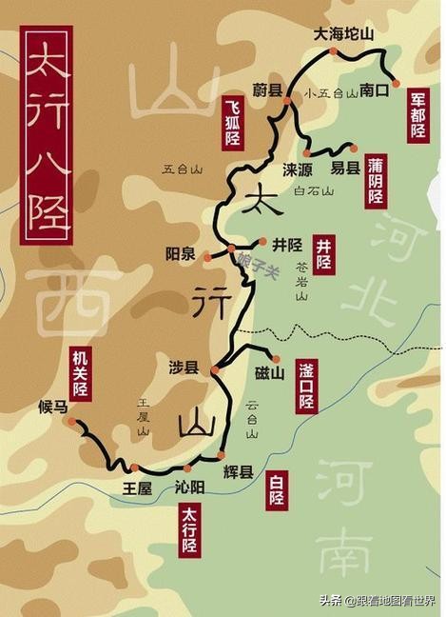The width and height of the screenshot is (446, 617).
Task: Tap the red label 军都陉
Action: [x=418, y=116]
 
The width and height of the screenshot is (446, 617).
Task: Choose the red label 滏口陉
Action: [x=305, y=386]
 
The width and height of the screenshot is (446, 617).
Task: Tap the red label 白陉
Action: [x=276, y=489]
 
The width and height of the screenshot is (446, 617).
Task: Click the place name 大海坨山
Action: [x=344, y=34]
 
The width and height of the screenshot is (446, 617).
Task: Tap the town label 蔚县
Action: [x=267, y=90]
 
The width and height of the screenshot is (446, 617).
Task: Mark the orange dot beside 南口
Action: [x=396, y=83]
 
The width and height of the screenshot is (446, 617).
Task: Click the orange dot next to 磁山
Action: [x=276, y=358]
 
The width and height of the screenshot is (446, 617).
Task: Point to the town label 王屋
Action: [x=137, y=487]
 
